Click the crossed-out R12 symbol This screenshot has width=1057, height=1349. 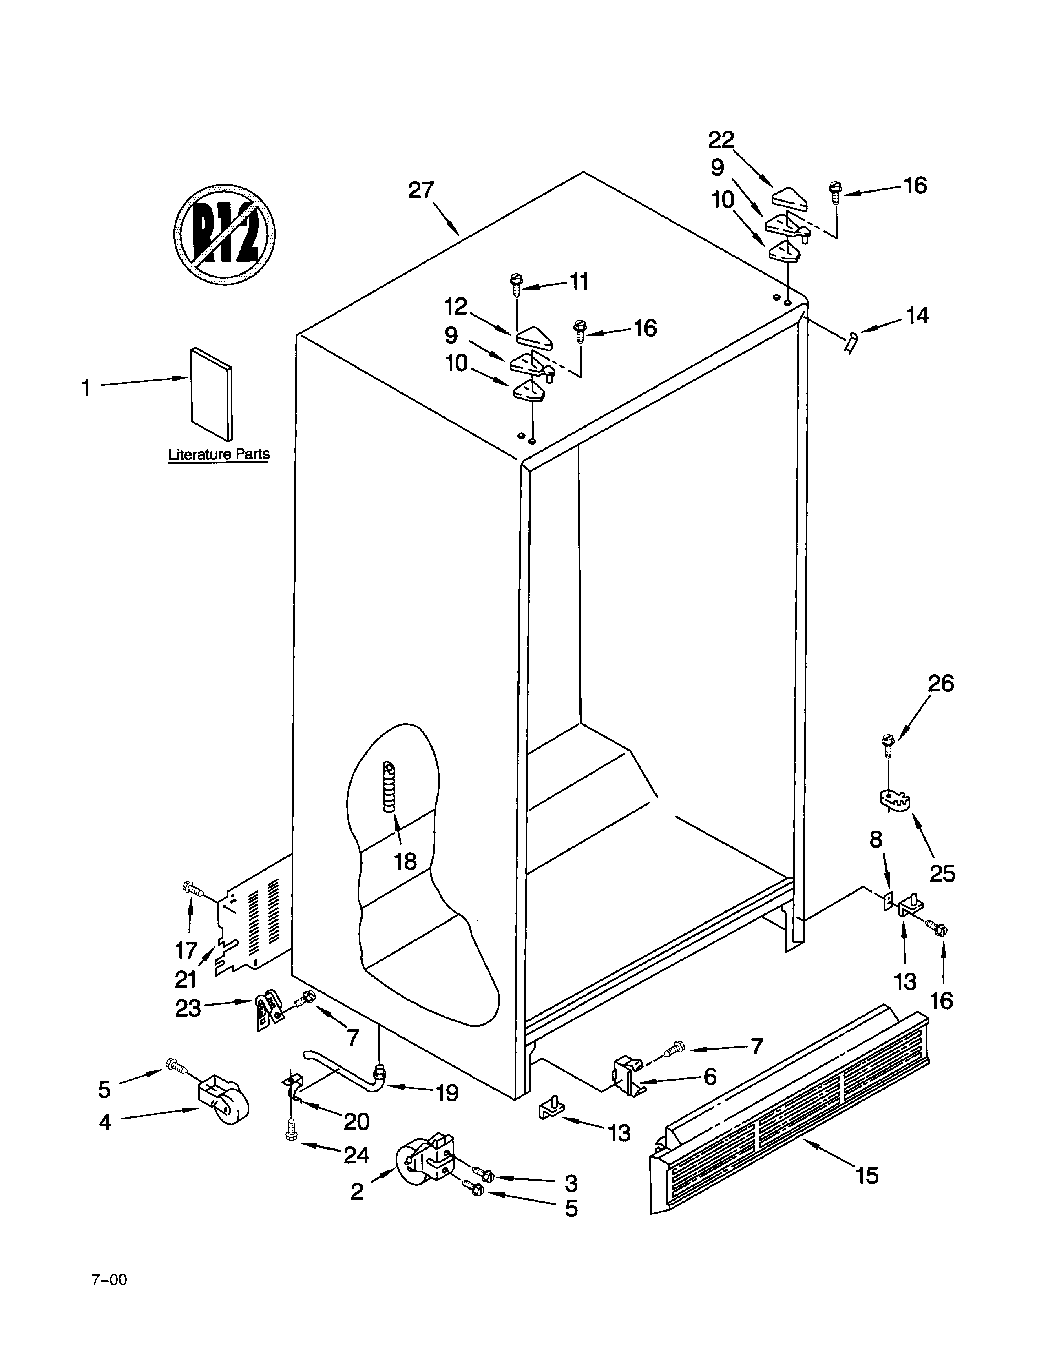pyautogui.click(x=224, y=235)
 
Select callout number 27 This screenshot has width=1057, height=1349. pyautogui.click(x=421, y=190)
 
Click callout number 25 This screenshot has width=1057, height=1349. pyautogui.click(x=942, y=873)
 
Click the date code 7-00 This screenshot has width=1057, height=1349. pyautogui.click(x=110, y=1275)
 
